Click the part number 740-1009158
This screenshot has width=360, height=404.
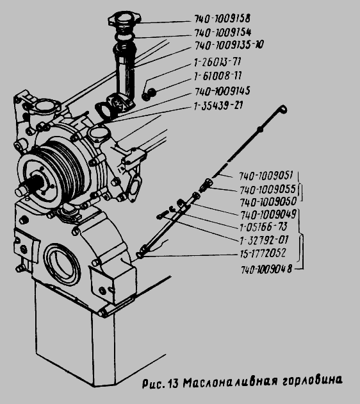tap(222, 19)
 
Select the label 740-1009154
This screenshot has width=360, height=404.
tap(222, 33)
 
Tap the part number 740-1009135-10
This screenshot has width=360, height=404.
tap(229, 46)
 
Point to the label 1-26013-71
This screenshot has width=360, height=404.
tap(217, 62)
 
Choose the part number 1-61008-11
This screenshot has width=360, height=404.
tap(218, 76)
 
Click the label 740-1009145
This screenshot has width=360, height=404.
tap(222, 91)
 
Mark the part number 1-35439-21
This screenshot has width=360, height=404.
tap(218, 106)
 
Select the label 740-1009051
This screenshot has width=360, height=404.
tap(266, 176)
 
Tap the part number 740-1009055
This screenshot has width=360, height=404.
tap(268, 190)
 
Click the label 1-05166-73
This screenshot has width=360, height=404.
tap(263, 227)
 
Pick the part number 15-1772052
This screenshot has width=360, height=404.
tap(263, 253)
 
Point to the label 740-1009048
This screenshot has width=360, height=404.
tap(266, 269)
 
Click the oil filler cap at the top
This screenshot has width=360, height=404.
tap(125, 20)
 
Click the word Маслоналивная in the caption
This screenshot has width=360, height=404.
tap(231, 382)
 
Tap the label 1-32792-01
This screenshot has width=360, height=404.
tap(264, 240)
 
